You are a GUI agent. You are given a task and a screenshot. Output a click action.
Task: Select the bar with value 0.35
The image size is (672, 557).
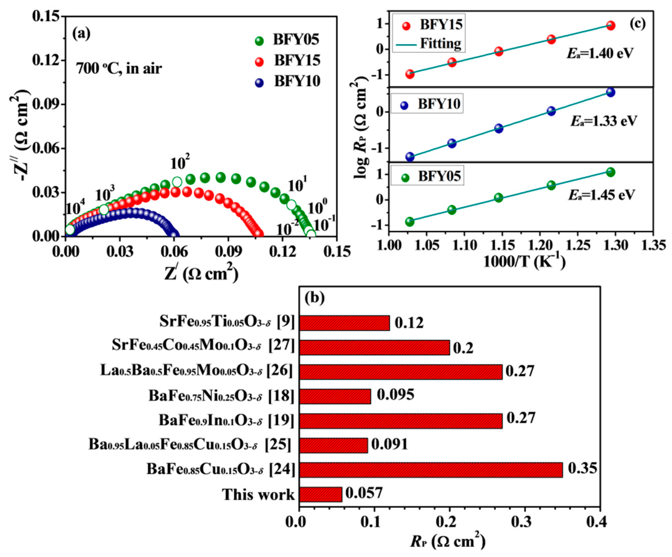coord(430,470)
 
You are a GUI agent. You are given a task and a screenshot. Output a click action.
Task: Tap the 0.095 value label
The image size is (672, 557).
coord(395,394)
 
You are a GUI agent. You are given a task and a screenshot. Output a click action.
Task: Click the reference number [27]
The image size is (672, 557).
coord(281,345)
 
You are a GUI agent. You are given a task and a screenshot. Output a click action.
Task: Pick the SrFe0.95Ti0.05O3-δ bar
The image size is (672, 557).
coord(344,323)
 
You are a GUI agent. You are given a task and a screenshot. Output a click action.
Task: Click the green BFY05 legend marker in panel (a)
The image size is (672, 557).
coord(259,41)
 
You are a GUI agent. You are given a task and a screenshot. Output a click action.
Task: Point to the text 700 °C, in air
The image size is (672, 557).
coord(119,68)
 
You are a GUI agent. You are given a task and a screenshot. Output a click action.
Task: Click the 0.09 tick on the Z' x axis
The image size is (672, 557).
coord(228,252)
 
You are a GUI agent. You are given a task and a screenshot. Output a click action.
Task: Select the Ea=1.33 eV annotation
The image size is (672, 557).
coord(604,121)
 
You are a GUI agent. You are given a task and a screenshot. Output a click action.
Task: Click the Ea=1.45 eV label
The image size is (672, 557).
coord(601,194)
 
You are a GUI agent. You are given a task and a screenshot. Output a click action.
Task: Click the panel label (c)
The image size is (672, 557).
coord(637,23)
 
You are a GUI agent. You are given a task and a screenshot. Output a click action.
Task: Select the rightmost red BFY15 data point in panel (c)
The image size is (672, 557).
coord(610,26)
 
